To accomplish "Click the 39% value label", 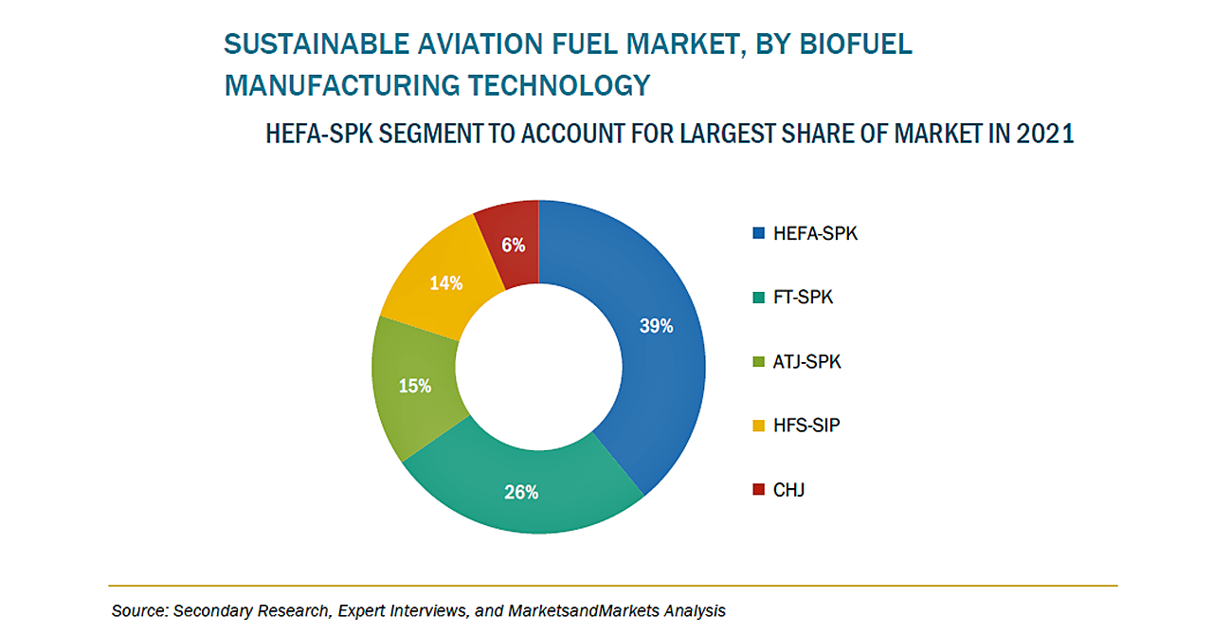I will [x=656, y=326].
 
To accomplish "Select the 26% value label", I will [x=521, y=492].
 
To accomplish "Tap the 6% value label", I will [x=514, y=245].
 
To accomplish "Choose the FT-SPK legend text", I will [x=804, y=298].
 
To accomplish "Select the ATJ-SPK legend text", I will [x=806, y=362].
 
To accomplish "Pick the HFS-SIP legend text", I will [x=806, y=426].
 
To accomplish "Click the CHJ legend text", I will [x=789, y=490].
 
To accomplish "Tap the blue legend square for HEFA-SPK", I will [x=757, y=234].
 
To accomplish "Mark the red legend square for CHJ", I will [x=757, y=490].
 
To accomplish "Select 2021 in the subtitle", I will [x=1044, y=135].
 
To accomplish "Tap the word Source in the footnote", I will [x=136, y=611].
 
